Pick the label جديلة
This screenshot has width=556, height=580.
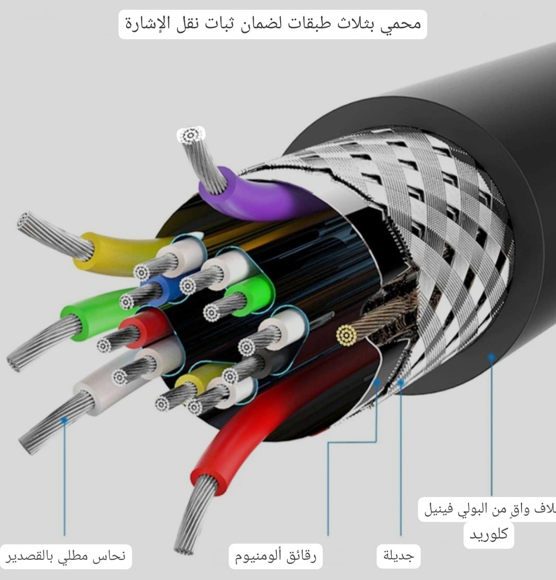pos(399,556)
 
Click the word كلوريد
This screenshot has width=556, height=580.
pos(489,534)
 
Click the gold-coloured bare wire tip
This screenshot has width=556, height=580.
pos(346,335)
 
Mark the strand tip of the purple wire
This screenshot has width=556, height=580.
pos(190,136)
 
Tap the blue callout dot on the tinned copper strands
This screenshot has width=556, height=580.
pos(64,420)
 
